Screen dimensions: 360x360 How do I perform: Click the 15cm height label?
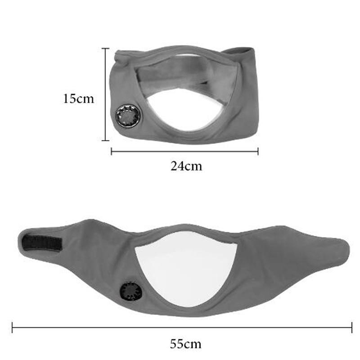pos(79,99)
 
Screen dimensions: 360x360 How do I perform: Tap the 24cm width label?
pos(186,166)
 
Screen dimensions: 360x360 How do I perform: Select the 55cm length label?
pos(185,344)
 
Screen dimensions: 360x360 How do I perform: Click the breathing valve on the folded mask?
pos(128,116)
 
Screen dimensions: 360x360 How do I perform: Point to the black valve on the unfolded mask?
pos(131,291)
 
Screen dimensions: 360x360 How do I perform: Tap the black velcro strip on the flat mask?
pos(42,243)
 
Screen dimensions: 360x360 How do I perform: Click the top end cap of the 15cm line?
pos(105,49)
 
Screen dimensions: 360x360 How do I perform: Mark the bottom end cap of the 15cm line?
pos(105,140)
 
